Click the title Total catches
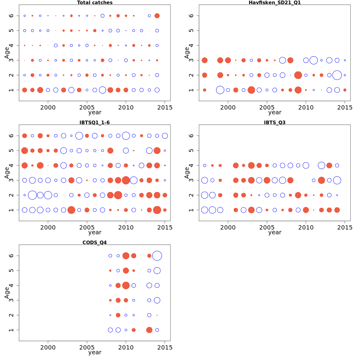coord(95,3)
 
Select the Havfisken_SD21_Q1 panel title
coord(274,3)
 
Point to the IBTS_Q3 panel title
coord(274,122)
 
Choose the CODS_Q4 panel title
coord(94,242)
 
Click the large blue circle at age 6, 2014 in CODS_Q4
coord(157,256)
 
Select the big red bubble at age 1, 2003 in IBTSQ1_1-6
coord(71,210)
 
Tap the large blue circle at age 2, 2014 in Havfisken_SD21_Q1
coord(337,75)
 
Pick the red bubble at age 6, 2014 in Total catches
coord(157,16)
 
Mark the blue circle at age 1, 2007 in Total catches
coord(102,90)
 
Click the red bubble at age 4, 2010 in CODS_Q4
coord(126,285)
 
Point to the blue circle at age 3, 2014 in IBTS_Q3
coord(337,180)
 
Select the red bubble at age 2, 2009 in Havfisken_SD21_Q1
coord(298,75)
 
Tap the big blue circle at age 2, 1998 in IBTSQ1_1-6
coord(32,195)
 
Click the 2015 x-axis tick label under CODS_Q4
coord(165,347)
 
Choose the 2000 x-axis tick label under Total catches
coord(48,107)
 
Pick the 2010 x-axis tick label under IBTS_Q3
coord(306,227)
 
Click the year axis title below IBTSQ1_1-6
coord(95,232)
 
